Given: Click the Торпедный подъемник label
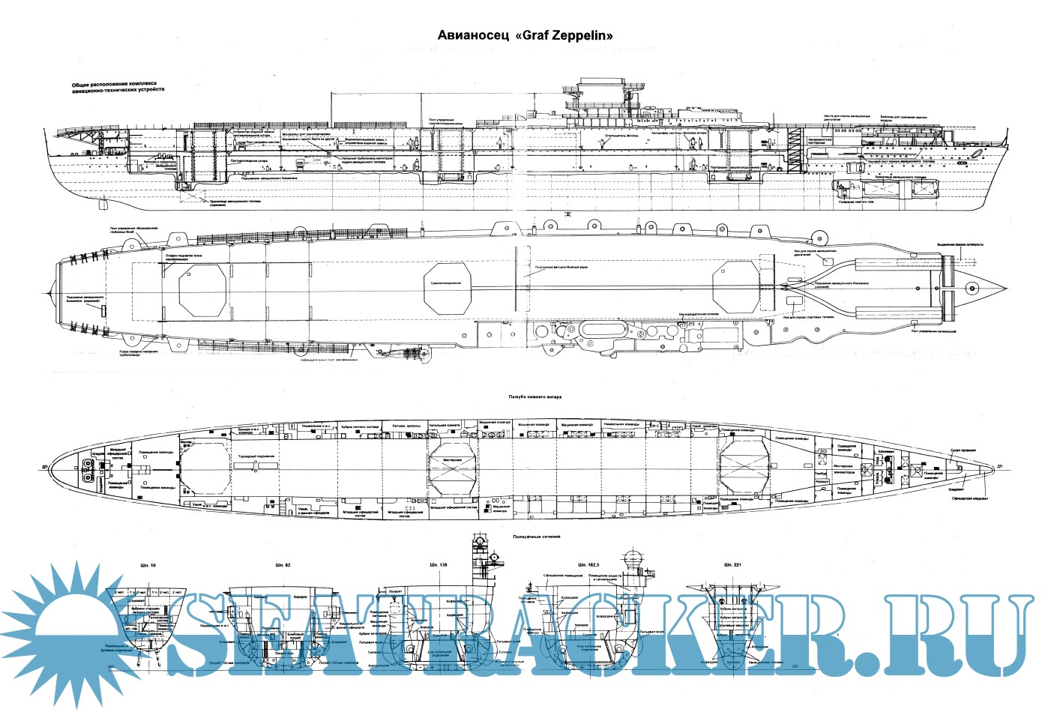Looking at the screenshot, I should click(259, 456).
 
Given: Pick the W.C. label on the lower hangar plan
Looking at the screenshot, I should click(654, 425).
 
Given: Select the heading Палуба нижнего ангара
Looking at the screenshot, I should click(534, 396).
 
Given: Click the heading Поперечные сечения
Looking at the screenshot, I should click(537, 537).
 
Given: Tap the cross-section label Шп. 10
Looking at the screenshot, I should click(148, 564).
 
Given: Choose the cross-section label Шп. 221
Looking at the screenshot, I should click(732, 564).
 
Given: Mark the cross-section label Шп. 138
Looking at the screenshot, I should click(439, 564).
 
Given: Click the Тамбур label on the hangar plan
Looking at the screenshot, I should click(820, 473).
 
